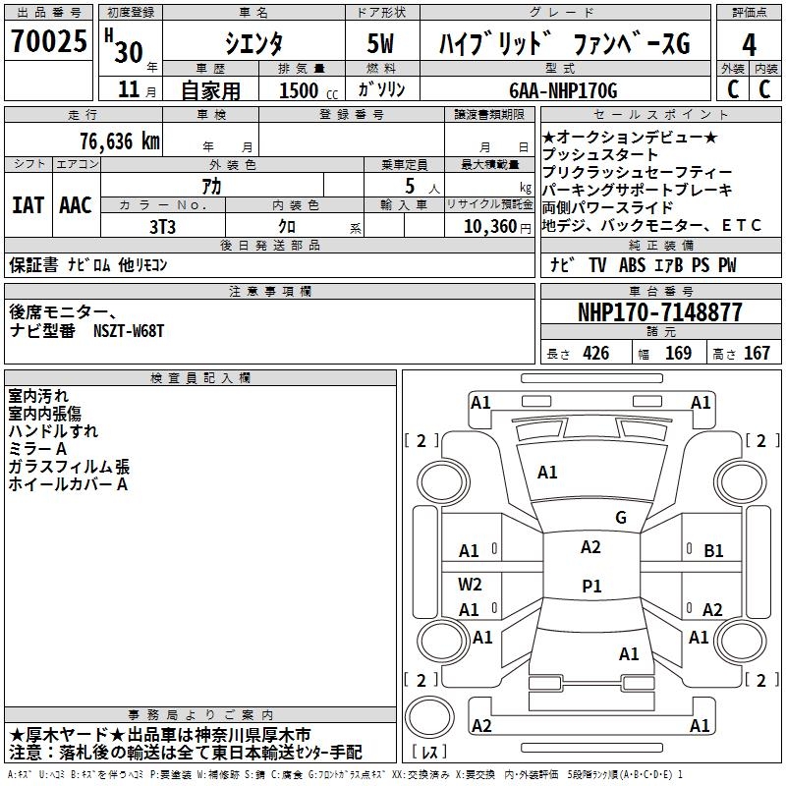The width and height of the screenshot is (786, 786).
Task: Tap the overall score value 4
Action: (x=749, y=44)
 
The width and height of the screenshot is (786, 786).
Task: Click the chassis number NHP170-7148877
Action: (x=659, y=312)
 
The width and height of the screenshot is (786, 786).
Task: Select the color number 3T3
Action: (x=162, y=226)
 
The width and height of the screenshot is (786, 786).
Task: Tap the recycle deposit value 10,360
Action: (x=483, y=226)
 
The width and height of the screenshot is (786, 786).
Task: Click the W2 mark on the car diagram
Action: (x=470, y=584)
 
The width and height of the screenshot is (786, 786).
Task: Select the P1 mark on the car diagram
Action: (x=591, y=587)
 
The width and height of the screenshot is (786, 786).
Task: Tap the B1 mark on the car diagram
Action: (x=713, y=551)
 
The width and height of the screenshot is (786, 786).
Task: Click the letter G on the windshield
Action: (x=621, y=518)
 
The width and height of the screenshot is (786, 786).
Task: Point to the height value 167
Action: (x=757, y=354)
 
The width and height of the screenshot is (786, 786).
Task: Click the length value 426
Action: (x=595, y=354)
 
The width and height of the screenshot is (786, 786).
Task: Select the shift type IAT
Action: (x=28, y=205)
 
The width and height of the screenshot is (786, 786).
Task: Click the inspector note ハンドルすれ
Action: (x=53, y=430)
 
